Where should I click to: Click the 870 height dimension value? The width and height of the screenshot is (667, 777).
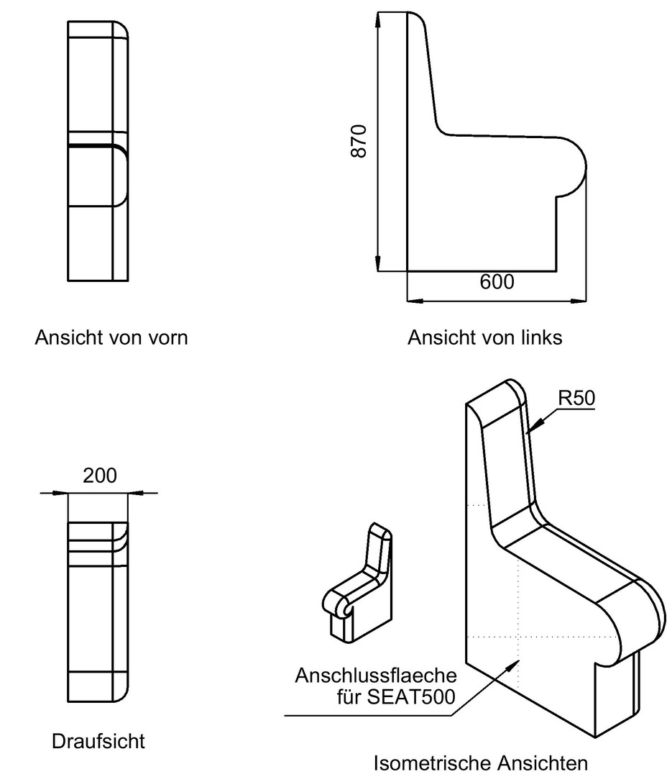[359, 141]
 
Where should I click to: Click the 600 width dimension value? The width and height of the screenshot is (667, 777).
[497, 282]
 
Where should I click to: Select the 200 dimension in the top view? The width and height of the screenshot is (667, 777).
[99, 476]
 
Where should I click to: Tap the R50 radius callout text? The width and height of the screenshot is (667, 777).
[576, 398]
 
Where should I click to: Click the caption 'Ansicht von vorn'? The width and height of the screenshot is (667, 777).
[111, 337]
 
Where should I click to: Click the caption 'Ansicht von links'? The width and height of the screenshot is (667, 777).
[484, 337]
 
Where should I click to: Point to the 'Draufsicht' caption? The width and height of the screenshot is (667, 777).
[98, 741]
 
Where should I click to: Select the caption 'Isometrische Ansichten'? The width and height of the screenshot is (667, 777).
[480, 763]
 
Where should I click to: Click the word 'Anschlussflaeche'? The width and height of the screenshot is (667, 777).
[376, 676]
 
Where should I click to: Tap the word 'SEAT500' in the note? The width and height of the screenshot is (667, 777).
[411, 696]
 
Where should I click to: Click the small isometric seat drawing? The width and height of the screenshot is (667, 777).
[357, 583]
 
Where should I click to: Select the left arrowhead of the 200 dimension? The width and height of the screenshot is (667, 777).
[60, 493]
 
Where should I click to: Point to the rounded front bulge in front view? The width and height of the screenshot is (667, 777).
[122, 176]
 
